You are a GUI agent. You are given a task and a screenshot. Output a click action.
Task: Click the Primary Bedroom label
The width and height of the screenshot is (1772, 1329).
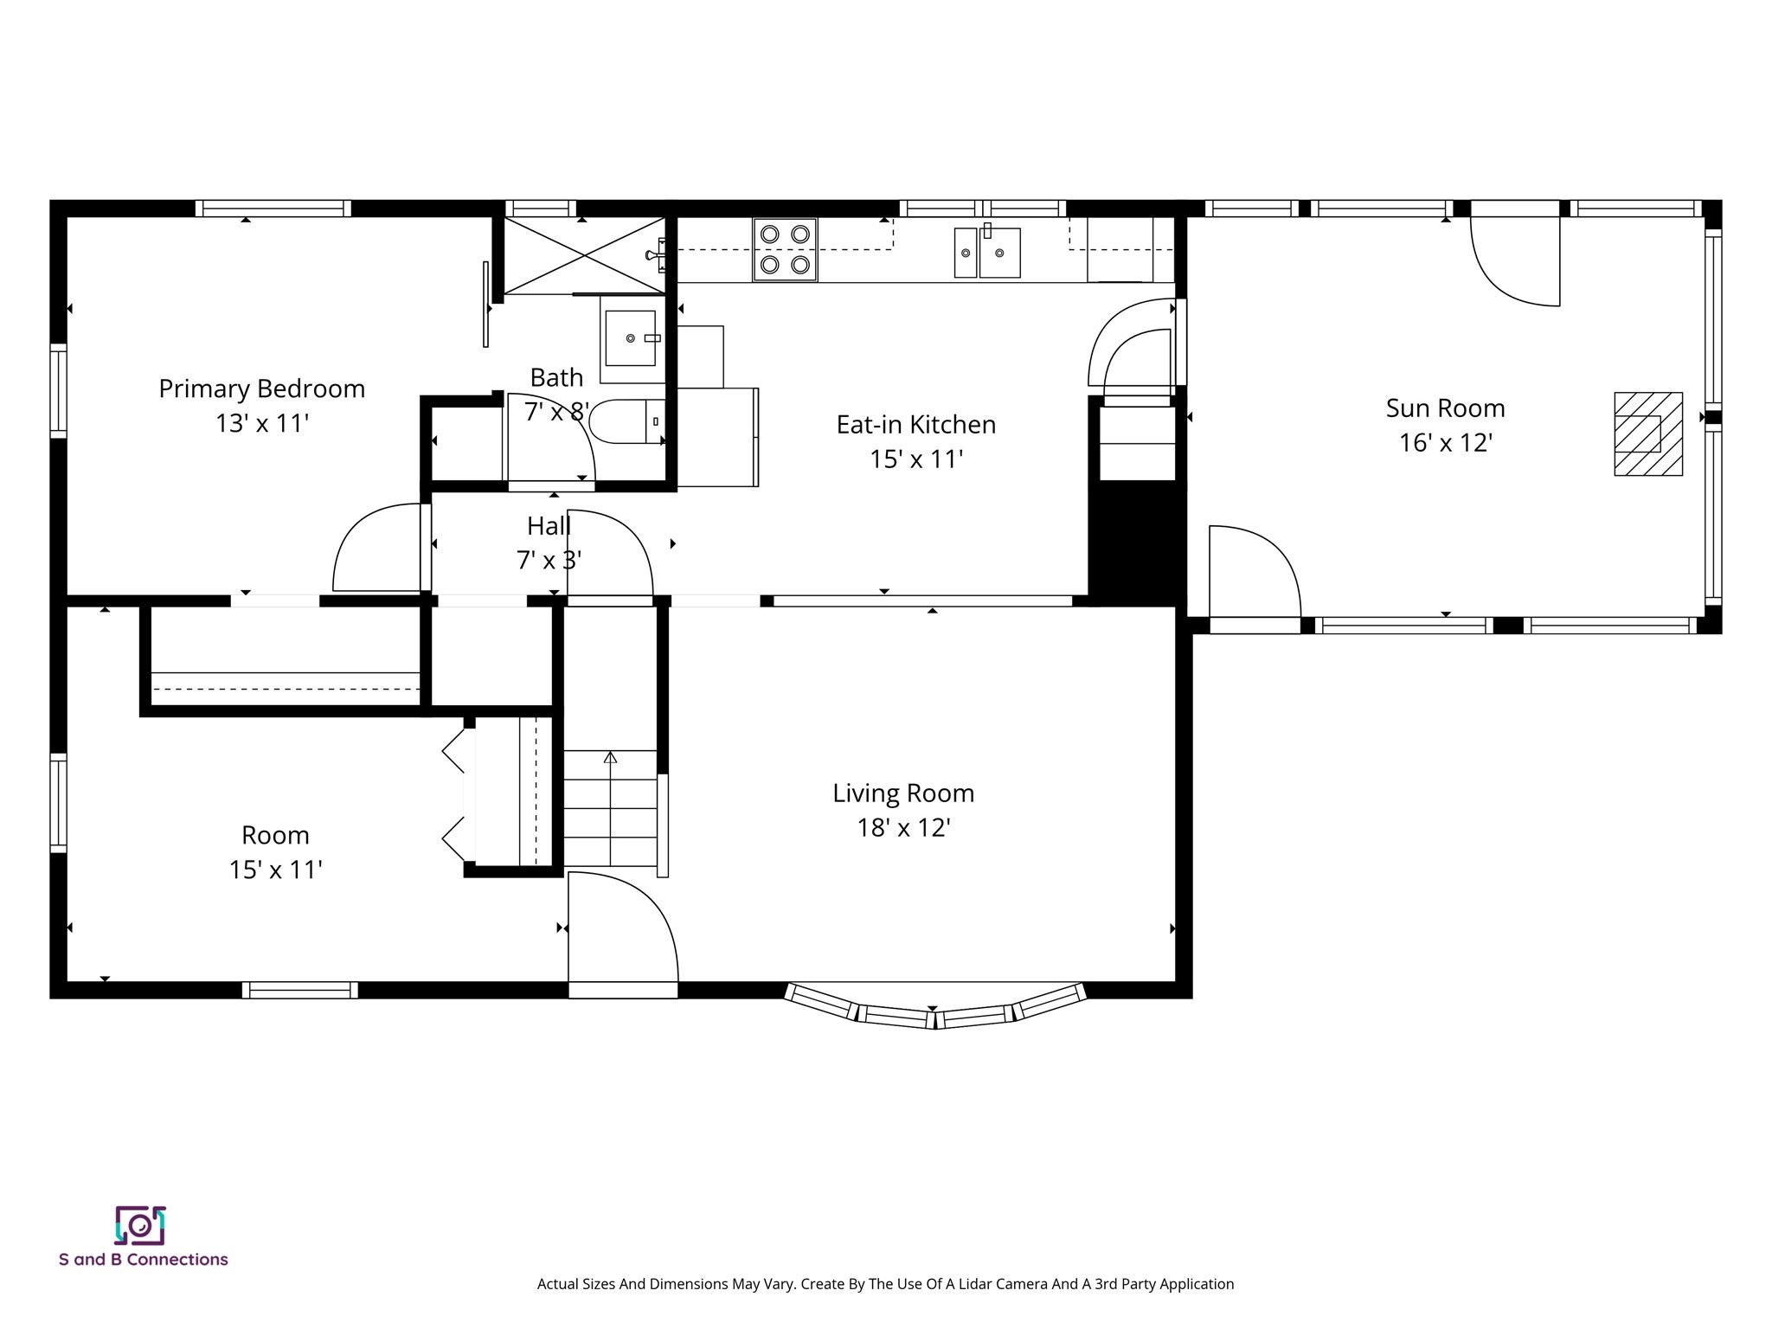pyautogui.click(x=261, y=388)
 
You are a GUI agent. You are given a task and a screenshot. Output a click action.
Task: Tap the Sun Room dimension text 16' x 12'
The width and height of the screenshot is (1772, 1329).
pyautogui.click(x=1445, y=443)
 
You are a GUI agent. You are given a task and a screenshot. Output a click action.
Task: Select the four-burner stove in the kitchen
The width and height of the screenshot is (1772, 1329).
pyautogui.click(x=785, y=249)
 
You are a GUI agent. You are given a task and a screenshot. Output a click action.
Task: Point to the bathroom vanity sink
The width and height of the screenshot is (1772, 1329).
pyautogui.click(x=630, y=338)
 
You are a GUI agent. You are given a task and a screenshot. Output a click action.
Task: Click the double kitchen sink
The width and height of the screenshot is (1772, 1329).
pyautogui.click(x=987, y=253)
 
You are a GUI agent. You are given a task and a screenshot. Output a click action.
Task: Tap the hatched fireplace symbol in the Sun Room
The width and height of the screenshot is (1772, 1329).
pyautogui.click(x=1647, y=433)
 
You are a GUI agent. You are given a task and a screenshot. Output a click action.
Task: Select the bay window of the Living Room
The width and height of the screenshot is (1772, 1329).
pyautogui.click(x=934, y=1008)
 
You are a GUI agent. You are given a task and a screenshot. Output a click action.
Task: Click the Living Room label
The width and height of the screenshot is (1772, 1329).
pyautogui.click(x=903, y=793)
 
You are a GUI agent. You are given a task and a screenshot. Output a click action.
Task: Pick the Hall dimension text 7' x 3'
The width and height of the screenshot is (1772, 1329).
pyautogui.click(x=549, y=561)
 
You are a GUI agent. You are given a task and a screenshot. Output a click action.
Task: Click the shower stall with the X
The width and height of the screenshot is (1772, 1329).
pyautogui.click(x=584, y=255)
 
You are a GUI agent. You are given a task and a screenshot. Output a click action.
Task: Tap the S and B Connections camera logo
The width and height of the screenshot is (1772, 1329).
pyautogui.click(x=140, y=1225)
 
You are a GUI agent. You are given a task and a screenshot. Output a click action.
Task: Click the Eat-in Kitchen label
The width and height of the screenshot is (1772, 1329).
pyautogui.click(x=915, y=424)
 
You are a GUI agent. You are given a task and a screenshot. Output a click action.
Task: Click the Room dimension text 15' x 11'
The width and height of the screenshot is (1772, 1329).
pyautogui.click(x=275, y=870)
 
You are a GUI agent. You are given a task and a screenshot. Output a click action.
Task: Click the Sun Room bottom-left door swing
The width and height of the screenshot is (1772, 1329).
pyautogui.click(x=1252, y=571)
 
